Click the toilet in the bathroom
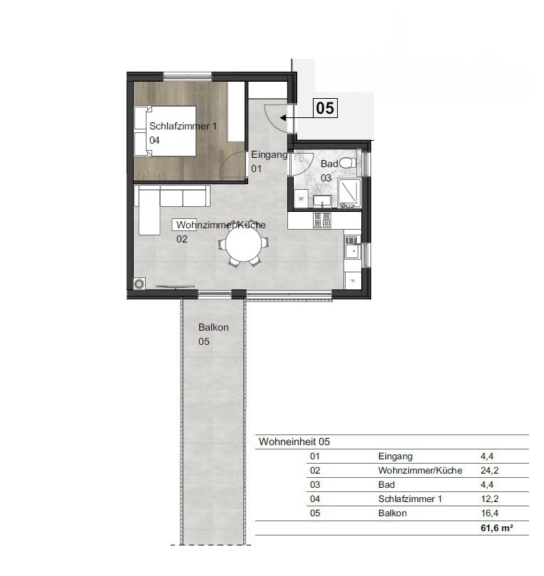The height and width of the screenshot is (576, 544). click(348, 163)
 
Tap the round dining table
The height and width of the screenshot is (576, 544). click(243, 244)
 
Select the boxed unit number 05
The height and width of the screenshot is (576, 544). click(325, 108)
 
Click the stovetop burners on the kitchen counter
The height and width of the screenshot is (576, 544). click(322, 220)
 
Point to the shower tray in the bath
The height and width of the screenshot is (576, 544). click(349, 193)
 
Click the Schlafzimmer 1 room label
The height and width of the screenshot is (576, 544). click(183, 126)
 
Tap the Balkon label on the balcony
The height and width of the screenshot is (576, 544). click(213, 327)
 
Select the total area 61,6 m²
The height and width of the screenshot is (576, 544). click(496, 528)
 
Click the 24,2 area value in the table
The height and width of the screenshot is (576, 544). click(490, 470)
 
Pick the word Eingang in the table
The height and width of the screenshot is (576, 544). click(395, 457)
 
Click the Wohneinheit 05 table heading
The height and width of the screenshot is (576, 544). click(294, 442)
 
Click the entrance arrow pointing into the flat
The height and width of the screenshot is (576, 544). click(296, 117)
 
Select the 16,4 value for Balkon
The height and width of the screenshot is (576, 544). click(490, 513)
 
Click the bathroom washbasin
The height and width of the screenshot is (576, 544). click(322, 201)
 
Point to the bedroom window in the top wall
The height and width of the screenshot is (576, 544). click(188, 77)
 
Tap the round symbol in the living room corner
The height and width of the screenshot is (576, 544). click(139, 284)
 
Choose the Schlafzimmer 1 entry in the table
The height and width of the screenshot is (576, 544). click(410, 499)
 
